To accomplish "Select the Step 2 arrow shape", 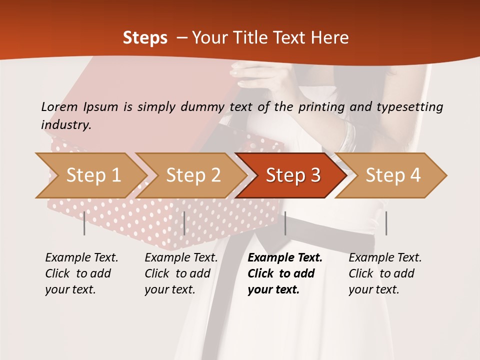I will pos(193,175).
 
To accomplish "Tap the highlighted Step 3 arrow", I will pos(293,175).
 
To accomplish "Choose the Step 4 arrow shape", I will pos(393,175).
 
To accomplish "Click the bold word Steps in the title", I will pos(145,38).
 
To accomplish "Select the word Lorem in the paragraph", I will pos(59,106).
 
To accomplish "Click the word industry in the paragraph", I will pos(65,124).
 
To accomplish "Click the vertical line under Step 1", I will pos(84,223).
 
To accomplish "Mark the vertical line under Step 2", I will pos(184,223).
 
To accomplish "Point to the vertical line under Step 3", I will pos(285,223).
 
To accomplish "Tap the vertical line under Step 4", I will pos(386,223).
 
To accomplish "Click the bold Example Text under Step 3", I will pos(285,258).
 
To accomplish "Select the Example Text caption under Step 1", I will pos(81,258).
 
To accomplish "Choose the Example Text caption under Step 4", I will pos(385,258).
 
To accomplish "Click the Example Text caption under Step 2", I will pos(181,258).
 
